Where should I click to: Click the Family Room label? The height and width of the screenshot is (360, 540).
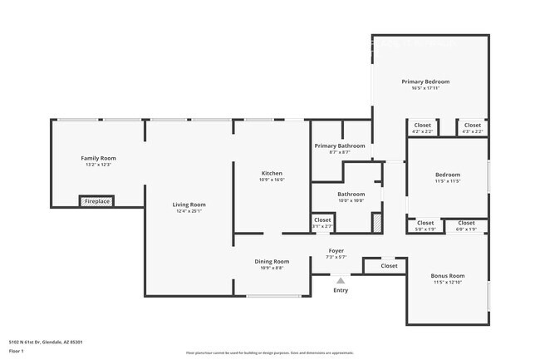98,158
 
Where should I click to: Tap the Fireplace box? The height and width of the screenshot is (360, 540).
97,201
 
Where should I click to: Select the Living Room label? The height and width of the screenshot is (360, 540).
189,205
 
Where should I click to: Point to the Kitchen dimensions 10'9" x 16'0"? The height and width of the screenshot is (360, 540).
272,180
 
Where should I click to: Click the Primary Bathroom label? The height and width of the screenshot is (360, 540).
339,145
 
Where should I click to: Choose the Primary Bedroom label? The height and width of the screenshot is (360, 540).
425,81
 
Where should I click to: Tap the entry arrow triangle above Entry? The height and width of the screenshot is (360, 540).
341,281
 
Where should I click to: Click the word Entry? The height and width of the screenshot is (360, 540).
341,290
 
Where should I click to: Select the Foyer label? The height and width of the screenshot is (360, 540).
336,250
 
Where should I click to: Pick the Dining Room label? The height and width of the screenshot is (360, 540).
272,261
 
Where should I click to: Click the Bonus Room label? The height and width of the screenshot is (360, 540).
447,275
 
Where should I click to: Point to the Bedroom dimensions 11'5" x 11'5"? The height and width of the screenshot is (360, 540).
447,180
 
